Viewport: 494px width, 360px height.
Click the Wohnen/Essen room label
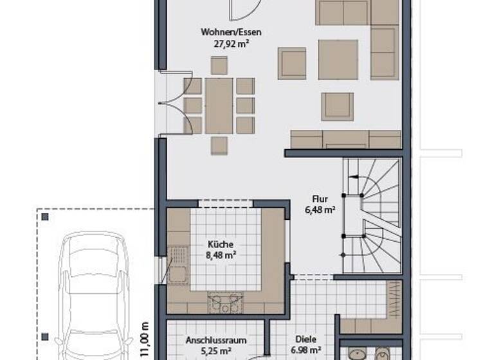[222, 32]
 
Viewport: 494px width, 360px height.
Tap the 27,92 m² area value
[222, 44]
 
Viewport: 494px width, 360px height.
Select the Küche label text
[220, 244]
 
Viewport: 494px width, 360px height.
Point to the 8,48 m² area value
[220, 256]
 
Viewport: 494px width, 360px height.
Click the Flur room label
[320, 199]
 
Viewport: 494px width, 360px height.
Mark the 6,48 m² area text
[320, 210]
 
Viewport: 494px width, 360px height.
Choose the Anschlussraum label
[215, 340]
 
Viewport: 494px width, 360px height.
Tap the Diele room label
[306, 340]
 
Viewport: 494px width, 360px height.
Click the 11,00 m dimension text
[145, 337]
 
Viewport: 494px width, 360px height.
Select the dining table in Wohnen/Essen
[219, 105]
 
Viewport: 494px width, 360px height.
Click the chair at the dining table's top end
[219, 65]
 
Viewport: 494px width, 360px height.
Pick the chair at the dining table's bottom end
[219, 146]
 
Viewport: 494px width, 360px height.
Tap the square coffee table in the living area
[338, 60]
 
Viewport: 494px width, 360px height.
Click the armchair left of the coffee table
[292, 63]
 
